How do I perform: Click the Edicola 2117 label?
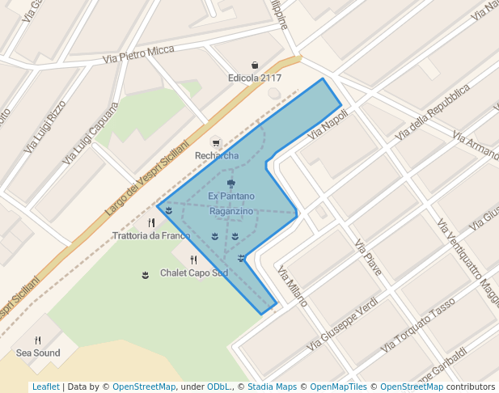pos(254,78)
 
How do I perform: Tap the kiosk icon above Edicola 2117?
pos(255,65)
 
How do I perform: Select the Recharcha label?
pos(217,155)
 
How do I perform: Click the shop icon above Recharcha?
pos(214,142)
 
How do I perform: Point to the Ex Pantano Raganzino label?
pos(231,203)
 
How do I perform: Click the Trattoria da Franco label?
pos(152,236)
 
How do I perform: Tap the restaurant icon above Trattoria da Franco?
pos(151,222)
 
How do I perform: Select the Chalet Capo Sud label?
pos(194,273)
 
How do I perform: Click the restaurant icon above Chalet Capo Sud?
pos(193,260)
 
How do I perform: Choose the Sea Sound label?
pos(38,353)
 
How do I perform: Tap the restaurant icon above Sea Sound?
pos(38,340)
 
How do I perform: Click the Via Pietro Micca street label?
pos(139,55)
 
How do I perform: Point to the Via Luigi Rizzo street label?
pos(45,126)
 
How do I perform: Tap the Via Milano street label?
pos(292,286)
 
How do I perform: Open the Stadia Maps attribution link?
pos(272,387)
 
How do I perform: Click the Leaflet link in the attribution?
pos(45,387)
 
